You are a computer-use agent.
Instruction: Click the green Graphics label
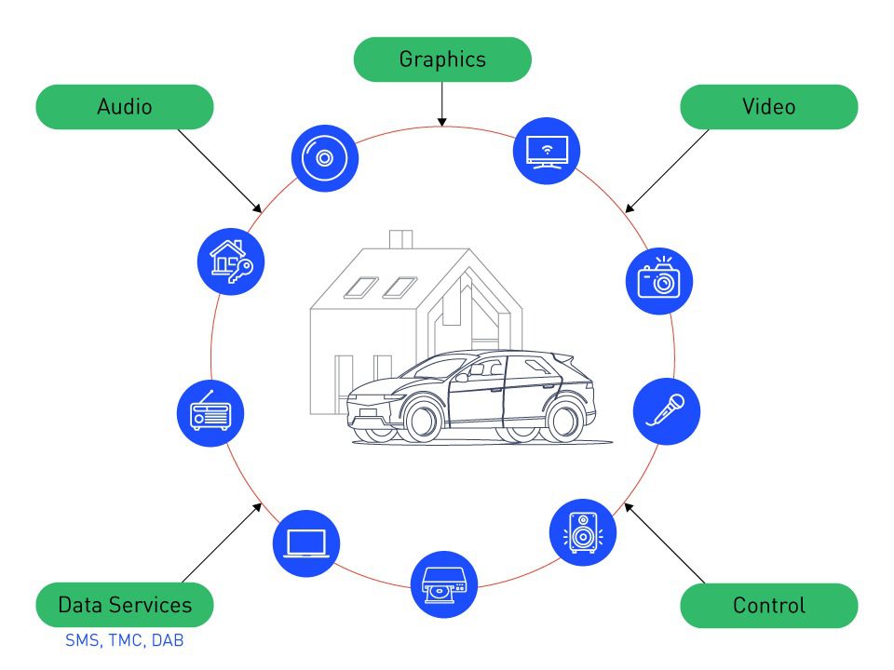(442, 60)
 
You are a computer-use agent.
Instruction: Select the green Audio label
(124, 107)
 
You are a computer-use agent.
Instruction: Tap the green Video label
(768, 107)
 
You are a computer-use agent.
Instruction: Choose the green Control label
(768, 606)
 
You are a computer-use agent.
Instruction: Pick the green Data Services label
(124, 606)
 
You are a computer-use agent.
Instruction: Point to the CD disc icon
(324, 158)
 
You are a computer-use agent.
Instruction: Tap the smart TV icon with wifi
(547, 150)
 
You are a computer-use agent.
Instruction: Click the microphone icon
(667, 410)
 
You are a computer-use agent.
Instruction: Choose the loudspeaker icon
(583, 532)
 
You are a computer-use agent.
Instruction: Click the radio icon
(210, 411)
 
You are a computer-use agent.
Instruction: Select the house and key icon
(231, 261)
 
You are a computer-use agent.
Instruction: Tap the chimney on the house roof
(400, 239)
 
